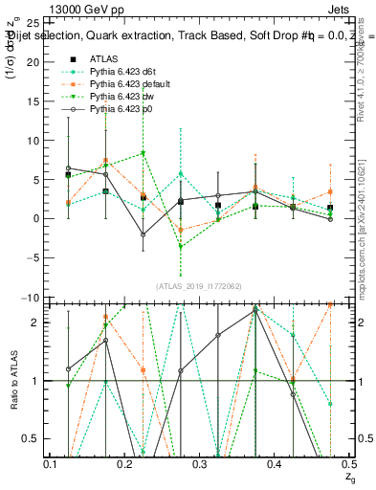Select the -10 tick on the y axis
[x=31, y=297]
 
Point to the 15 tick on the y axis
[x=33, y=100]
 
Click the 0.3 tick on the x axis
[x=200, y=463]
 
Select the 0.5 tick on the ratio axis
[x=31, y=439]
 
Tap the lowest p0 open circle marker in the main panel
[x=143, y=234]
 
